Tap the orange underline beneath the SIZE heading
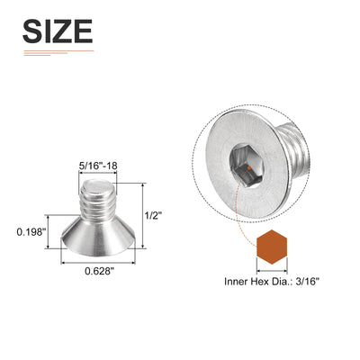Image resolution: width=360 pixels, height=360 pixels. pos(57,51)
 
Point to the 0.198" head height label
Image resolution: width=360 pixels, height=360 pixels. pos(32,231)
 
